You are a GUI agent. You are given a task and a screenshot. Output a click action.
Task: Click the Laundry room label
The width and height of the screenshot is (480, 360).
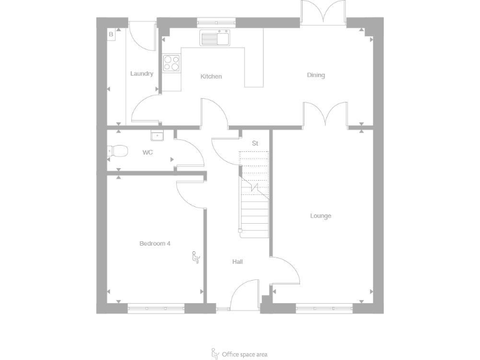pyautogui.click(x=141, y=74)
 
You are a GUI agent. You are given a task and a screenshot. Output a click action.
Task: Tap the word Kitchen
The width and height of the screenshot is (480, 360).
pyautogui.click(x=211, y=77)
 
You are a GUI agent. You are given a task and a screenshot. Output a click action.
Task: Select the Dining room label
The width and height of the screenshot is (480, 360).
pyautogui.click(x=316, y=76)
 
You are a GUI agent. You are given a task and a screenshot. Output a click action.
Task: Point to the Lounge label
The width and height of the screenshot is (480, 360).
pyautogui.click(x=321, y=216)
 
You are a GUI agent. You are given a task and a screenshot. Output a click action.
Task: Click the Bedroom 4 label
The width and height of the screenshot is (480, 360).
pyautogui.click(x=154, y=244)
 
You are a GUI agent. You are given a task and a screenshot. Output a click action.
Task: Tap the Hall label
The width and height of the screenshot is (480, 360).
pyautogui.click(x=237, y=261)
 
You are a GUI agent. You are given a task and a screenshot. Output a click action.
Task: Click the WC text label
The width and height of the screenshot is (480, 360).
pyautogui.click(x=147, y=152)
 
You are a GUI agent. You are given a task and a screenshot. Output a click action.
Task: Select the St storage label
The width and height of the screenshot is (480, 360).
pyautogui.click(x=255, y=144)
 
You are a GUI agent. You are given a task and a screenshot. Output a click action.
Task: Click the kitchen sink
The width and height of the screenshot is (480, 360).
pyautogui.click(x=214, y=38)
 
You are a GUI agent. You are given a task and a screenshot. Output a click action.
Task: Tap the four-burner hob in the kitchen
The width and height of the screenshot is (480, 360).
pyautogui.click(x=171, y=62)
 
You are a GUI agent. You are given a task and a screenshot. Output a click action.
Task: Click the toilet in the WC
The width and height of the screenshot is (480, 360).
pyautogui.click(x=117, y=151)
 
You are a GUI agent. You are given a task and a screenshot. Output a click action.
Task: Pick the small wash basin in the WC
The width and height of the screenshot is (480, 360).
pyautogui.click(x=156, y=135)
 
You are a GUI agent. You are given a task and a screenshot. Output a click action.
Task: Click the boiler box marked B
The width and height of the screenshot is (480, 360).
pyautogui.click(x=111, y=34)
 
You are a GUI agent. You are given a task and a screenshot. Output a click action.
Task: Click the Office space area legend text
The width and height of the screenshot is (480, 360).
pyautogui.click(x=244, y=354)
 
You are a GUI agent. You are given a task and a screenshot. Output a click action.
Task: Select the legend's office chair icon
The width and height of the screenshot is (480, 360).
pyautogui.click(x=216, y=353)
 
